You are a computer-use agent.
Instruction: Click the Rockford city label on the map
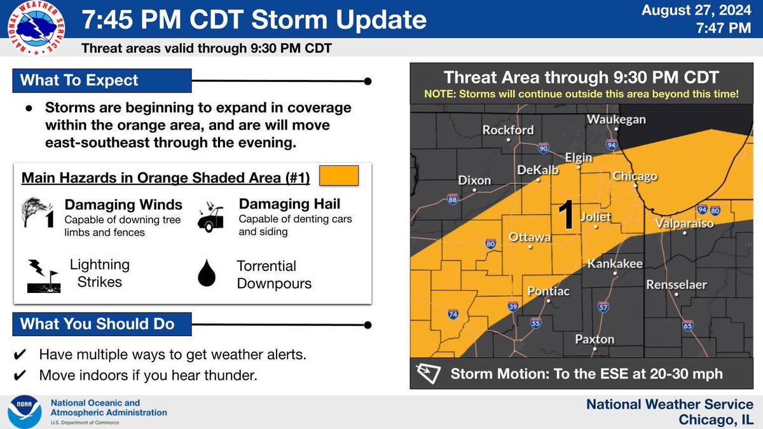508,130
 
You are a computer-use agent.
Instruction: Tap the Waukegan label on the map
616,119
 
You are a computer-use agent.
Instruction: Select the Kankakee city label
615,264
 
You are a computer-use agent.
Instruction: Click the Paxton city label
595,339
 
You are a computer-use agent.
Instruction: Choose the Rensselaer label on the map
677,285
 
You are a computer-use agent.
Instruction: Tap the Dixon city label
474,180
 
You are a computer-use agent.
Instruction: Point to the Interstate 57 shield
603,308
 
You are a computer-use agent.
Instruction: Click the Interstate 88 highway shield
453,199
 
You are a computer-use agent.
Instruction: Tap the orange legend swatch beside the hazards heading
339,175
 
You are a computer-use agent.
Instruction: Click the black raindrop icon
207,273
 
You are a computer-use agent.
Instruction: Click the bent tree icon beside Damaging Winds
37,212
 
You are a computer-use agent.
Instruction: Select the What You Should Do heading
97,324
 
